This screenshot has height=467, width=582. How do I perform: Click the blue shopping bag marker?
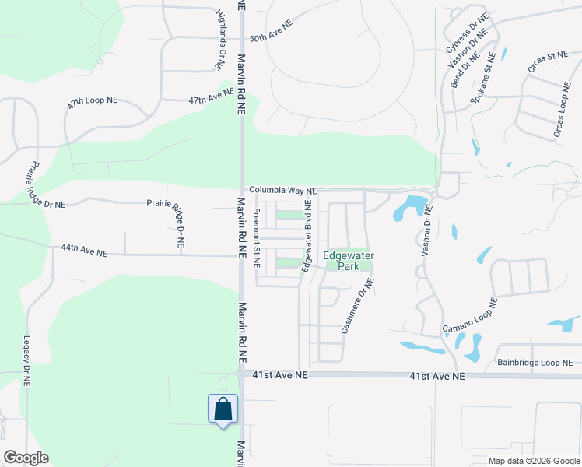[x=223, y=409]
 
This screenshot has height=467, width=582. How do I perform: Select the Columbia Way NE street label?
[x=283, y=191]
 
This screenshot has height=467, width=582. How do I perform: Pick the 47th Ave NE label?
[x=211, y=97]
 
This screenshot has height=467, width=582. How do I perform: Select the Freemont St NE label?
[x=256, y=238]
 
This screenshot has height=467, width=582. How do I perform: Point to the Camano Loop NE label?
[x=469, y=317]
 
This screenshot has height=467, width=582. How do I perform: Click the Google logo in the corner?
[x=26, y=458]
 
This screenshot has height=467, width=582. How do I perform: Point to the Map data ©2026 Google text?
[x=533, y=461]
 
